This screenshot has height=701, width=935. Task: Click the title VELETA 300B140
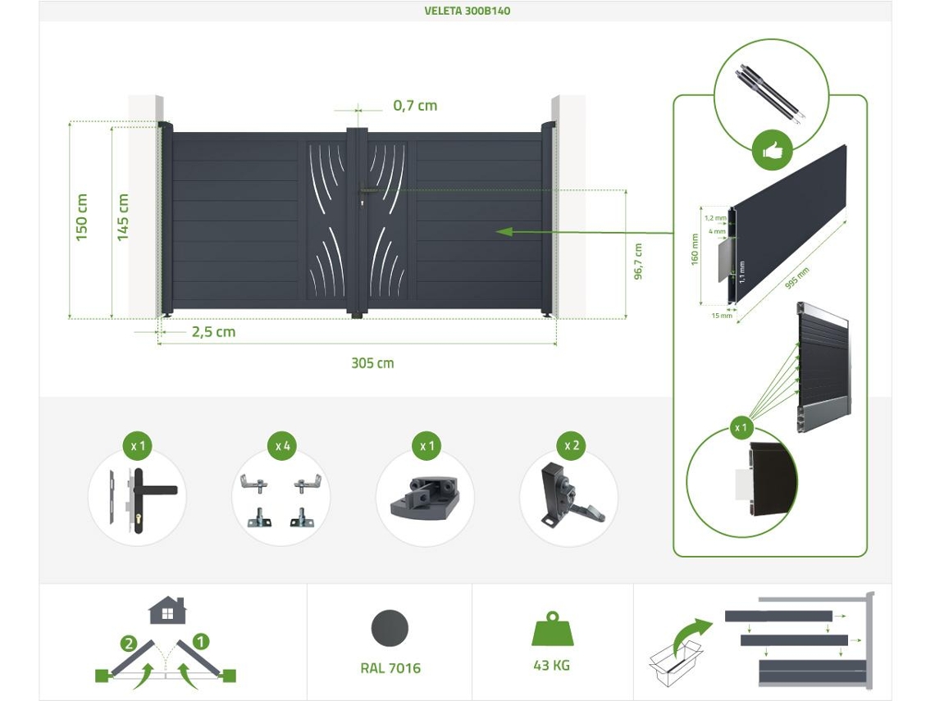click(467, 11)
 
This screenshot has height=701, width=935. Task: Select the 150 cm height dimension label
click(82, 217)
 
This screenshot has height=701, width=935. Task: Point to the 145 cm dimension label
click(123, 217)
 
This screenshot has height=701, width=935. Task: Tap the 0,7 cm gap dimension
click(415, 106)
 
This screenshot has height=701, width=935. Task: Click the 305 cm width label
click(372, 363)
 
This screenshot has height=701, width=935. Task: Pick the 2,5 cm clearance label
click(213, 331)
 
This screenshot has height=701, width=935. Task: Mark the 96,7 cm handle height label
click(638, 262)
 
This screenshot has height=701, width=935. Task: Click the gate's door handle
click(366, 191)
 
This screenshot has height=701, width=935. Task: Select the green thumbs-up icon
click(772, 152)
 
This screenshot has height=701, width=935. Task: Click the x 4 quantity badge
click(283, 446)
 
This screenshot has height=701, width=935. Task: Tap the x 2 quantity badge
click(572, 445)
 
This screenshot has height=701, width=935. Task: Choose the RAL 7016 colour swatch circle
click(390, 629)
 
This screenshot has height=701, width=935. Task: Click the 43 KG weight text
click(552, 665)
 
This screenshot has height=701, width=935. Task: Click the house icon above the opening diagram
click(167, 610)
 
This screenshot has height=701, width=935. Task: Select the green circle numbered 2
click(129, 643)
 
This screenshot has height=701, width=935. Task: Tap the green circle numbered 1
click(201, 641)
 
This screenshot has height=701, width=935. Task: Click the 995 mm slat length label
click(796, 279)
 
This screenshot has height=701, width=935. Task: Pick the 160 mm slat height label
click(695, 249)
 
